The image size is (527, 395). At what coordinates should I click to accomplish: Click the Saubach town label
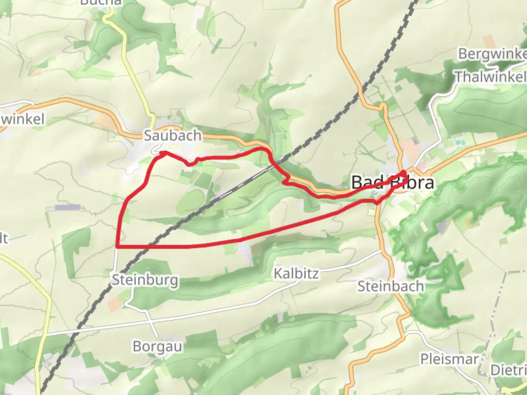click(172, 136)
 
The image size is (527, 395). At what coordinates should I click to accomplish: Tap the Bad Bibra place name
click(393, 183)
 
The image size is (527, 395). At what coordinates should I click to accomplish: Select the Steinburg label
click(145, 280)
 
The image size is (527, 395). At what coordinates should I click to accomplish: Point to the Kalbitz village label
click(296, 274)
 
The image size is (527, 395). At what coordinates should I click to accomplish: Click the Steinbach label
click(390, 286)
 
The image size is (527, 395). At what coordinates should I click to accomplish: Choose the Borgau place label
click(157, 346)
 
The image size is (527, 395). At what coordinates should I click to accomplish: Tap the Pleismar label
click(449, 359)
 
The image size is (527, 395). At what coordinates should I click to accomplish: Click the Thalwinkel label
click(490, 77)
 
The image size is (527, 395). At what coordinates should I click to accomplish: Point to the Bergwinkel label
click(492, 54)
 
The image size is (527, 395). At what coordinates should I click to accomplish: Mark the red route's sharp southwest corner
click(117, 247)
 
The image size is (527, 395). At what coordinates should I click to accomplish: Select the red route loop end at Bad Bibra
click(404, 173)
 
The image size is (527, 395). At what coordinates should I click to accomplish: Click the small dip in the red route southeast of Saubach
click(189, 164)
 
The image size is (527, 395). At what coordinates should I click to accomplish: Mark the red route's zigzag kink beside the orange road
click(286, 180)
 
